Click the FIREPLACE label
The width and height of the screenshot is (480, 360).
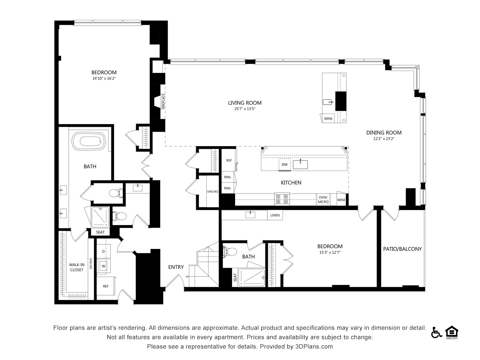pos(163,101)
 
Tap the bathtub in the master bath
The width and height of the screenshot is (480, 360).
pos(89,141)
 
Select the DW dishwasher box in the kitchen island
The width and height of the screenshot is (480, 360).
pos(285,165)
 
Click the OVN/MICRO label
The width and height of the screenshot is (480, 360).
pos(323,199)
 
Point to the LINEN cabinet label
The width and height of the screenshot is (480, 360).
pos(275,215)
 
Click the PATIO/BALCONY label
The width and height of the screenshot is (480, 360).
pos(402,249)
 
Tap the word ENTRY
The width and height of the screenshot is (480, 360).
pos(176,267)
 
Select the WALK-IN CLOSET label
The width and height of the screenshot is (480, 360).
pos(76,267)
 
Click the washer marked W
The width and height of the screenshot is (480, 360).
pos(103,266)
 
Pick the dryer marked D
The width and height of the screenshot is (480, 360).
pos(103,251)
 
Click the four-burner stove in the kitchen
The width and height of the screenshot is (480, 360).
pos(282,199)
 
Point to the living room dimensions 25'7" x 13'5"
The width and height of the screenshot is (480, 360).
pos(245,109)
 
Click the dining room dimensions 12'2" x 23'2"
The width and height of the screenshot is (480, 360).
pos(384,139)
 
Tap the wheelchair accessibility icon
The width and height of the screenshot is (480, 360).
pos(436,333)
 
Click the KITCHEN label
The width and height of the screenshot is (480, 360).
pos(291,183)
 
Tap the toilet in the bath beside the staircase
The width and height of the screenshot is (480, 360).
pos(230,252)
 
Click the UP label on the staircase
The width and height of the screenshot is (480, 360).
pos(187,276)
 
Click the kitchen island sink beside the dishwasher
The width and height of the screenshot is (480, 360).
pos(300,164)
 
